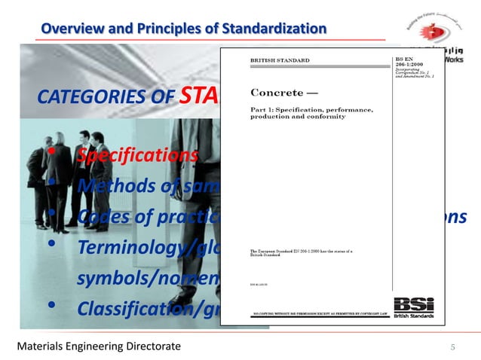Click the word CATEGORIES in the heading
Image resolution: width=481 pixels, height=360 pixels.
83,99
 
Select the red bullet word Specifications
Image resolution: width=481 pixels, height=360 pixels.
136,156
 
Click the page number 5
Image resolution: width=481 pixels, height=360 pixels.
453,346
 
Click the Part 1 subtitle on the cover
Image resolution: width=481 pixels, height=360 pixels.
311,114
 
